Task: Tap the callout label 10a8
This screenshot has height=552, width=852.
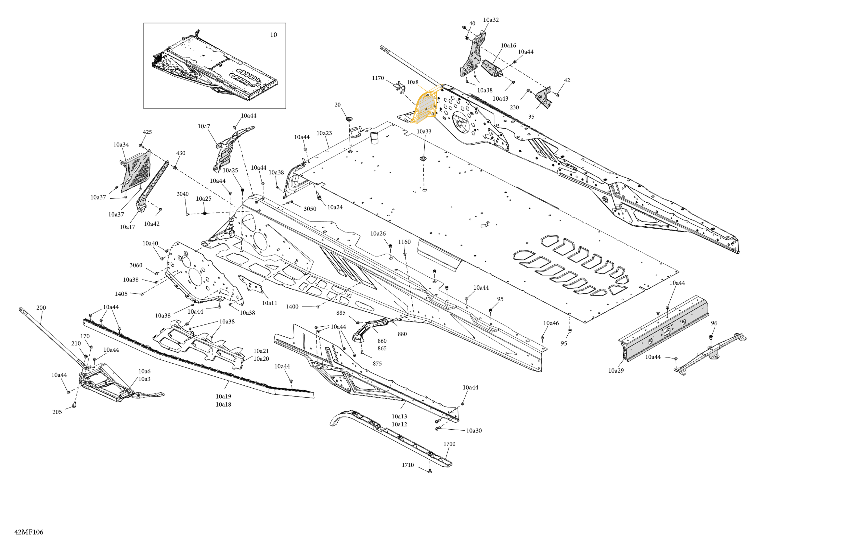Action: tap(412, 82)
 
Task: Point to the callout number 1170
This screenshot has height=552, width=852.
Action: tap(378, 78)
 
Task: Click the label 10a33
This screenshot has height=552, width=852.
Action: tap(424, 131)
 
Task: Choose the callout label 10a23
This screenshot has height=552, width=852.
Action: tap(324, 133)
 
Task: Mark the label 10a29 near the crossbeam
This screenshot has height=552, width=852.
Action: tap(616, 370)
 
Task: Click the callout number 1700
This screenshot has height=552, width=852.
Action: tap(449, 444)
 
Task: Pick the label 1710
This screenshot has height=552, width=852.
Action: tap(408, 465)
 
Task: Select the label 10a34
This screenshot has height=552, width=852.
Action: tap(121, 144)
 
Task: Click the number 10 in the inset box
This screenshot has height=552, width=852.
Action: tap(274, 35)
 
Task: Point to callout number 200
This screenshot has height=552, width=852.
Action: tap(41, 308)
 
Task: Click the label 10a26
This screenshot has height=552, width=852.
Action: tap(378, 233)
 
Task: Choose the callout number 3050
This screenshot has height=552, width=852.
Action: tap(310, 209)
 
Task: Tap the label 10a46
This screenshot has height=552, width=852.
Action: tap(551, 323)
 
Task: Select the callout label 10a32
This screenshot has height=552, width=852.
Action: tap(491, 20)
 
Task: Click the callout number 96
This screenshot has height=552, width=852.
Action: tap(714, 323)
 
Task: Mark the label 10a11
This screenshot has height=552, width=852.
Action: tap(270, 303)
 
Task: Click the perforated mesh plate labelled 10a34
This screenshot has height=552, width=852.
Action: tap(138, 170)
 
